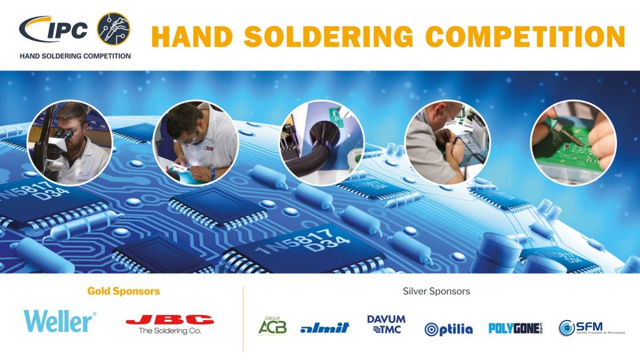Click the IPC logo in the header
(53, 29)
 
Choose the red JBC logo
(170, 320)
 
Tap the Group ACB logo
(273, 325)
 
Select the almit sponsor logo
(324, 327)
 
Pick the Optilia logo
(449, 329)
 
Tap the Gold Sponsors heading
(124, 291)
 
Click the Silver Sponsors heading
(436, 291)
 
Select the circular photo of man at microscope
(70, 143)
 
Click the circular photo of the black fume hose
(322, 143)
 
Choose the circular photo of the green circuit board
(573, 143)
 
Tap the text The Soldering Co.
(170, 331)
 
